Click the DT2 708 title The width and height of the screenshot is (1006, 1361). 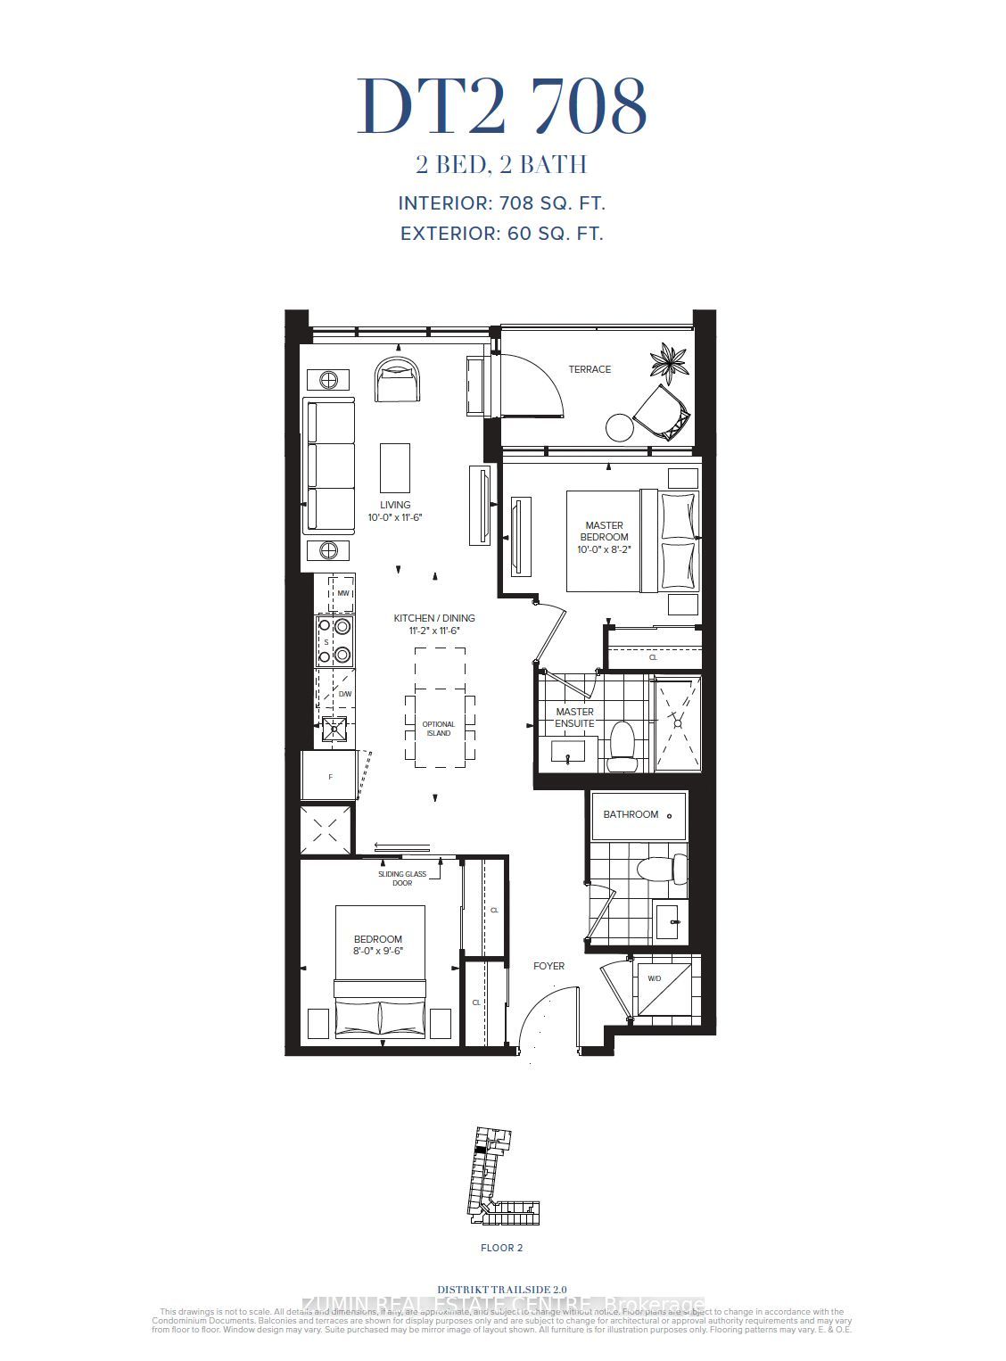502,107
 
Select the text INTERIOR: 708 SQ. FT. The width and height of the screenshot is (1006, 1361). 502,203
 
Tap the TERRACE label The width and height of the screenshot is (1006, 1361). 590,369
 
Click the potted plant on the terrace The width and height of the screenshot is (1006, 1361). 669,363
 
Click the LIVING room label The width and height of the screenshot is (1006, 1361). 395,505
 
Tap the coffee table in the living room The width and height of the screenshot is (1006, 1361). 395,467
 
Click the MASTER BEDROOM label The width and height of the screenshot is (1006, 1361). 604,532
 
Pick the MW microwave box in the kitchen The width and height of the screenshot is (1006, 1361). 342,593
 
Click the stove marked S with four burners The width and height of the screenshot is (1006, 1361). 334,641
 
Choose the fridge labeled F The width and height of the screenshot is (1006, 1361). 329,777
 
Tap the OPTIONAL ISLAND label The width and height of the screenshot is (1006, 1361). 439,729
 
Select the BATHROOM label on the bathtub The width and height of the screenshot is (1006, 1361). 631,814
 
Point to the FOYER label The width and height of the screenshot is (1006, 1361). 548,966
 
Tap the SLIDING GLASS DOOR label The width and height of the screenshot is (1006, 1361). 402,878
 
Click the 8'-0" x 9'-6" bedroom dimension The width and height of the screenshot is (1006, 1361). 378,951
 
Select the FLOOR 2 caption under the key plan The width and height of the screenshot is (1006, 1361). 502,1248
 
